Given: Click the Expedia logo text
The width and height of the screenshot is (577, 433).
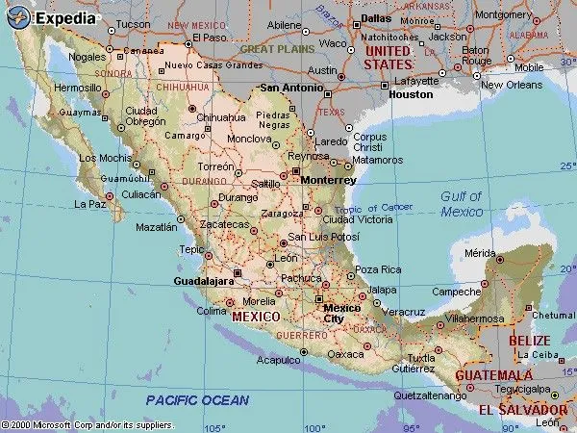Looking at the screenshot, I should [x=65, y=16].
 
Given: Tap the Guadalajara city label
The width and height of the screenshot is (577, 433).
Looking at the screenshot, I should [x=205, y=281].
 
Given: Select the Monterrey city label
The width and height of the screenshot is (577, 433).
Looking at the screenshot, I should [x=328, y=180].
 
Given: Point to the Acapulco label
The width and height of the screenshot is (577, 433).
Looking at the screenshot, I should [x=279, y=360].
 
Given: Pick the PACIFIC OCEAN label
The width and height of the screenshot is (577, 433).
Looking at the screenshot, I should [x=197, y=400].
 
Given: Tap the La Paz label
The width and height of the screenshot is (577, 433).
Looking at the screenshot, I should [x=89, y=204].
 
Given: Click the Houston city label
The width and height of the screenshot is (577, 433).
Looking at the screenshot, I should [x=412, y=94].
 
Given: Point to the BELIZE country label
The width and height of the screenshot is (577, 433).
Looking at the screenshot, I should [x=530, y=341].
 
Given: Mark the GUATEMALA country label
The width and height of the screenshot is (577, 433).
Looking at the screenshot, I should [x=493, y=374].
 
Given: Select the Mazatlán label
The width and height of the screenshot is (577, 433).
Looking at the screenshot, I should [x=157, y=228].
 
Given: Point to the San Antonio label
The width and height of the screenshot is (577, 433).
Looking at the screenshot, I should [x=291, y=88].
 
